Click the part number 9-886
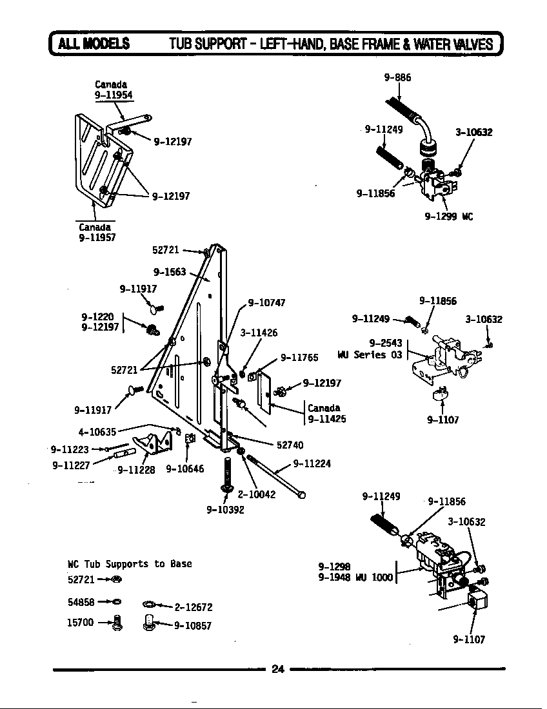pos(397,77)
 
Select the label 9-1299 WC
pos(449,217)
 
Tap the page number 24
pos(277,668)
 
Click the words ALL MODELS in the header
pos(94,44)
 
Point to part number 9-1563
pos(170,271)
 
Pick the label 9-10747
pos(266,302)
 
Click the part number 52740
pos(290,445)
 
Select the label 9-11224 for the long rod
pos(312,463)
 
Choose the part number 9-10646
pos(184,469)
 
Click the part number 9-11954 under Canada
pos(114,95)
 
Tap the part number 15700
pos(81,622)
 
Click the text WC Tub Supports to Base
pos(130,564)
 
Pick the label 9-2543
pos(385,343)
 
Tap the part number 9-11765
pos(299,358)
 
